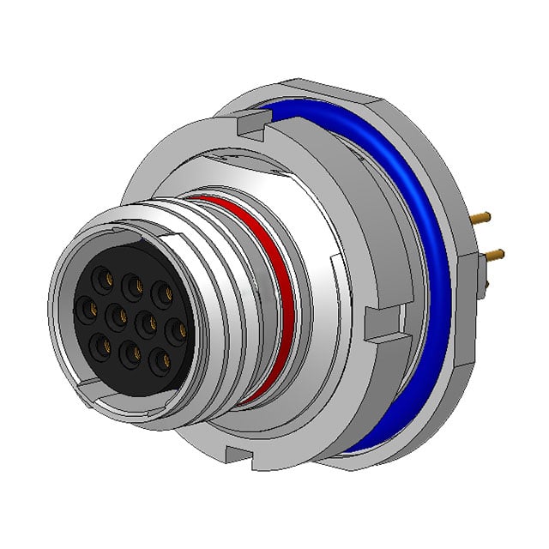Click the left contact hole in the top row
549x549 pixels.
(x=104, y=278)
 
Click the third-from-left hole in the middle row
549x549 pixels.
(x=146, y=322)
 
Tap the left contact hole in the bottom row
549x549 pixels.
(x=100, y=344)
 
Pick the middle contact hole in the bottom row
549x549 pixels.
(x=130, y=352)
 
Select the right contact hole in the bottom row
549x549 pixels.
(x=158, y=359)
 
